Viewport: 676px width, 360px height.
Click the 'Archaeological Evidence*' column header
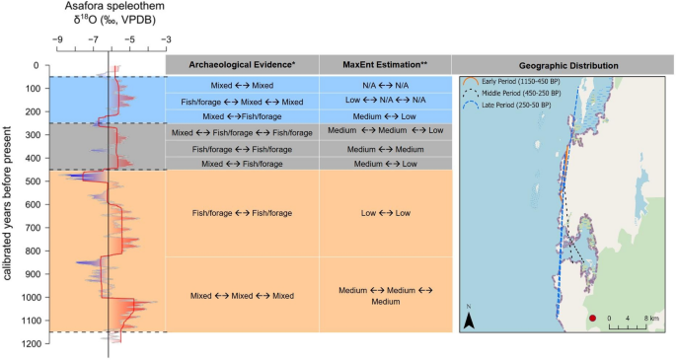[241, 65]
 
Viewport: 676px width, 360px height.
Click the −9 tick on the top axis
[59, 40]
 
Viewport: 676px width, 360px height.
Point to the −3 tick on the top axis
[165, 40]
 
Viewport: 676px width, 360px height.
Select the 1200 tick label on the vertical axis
[31, 343]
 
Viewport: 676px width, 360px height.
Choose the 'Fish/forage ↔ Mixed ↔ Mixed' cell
[242, 102]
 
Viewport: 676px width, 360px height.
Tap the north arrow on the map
[471, 318]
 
